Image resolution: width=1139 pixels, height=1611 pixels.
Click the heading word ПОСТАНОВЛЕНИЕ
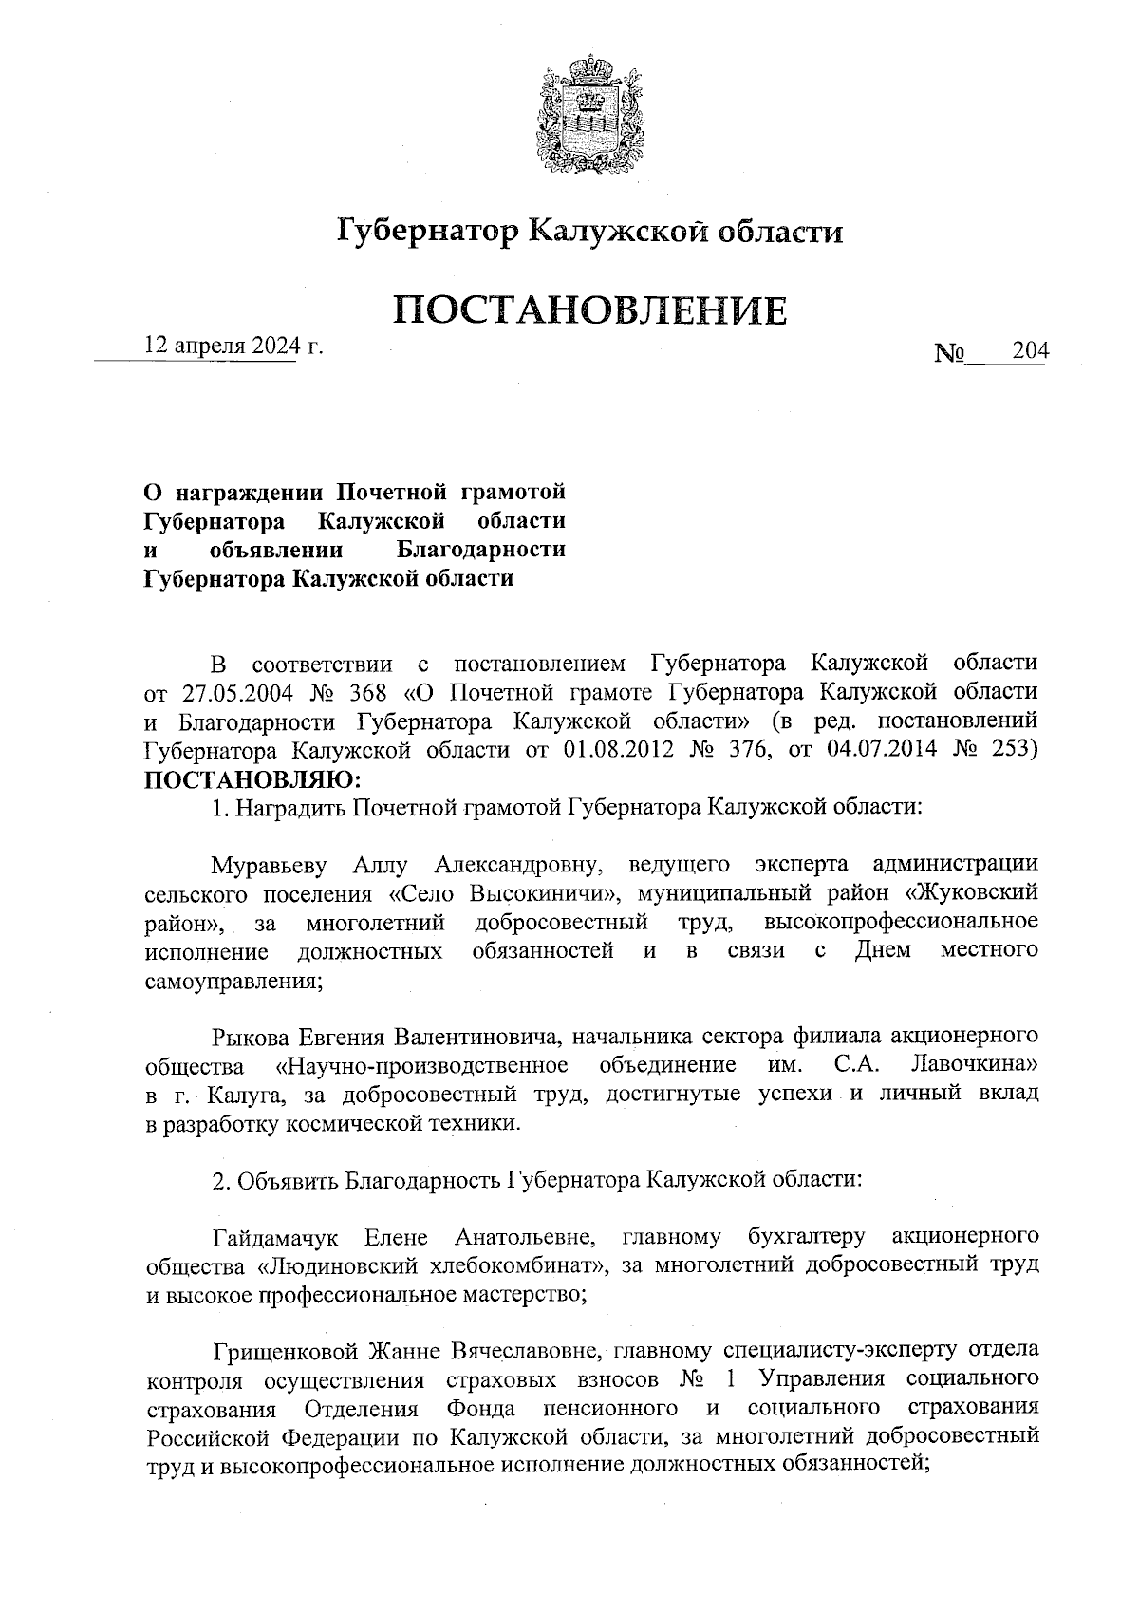click(589, 310)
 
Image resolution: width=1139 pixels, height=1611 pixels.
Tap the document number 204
click(1030, 351)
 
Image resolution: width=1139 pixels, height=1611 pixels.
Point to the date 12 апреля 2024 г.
click(233, 346)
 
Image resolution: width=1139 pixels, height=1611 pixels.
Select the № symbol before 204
click(950, 354)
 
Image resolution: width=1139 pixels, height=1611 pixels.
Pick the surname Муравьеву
click(270, 865)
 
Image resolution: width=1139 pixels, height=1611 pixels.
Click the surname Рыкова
click(252, 1035)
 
